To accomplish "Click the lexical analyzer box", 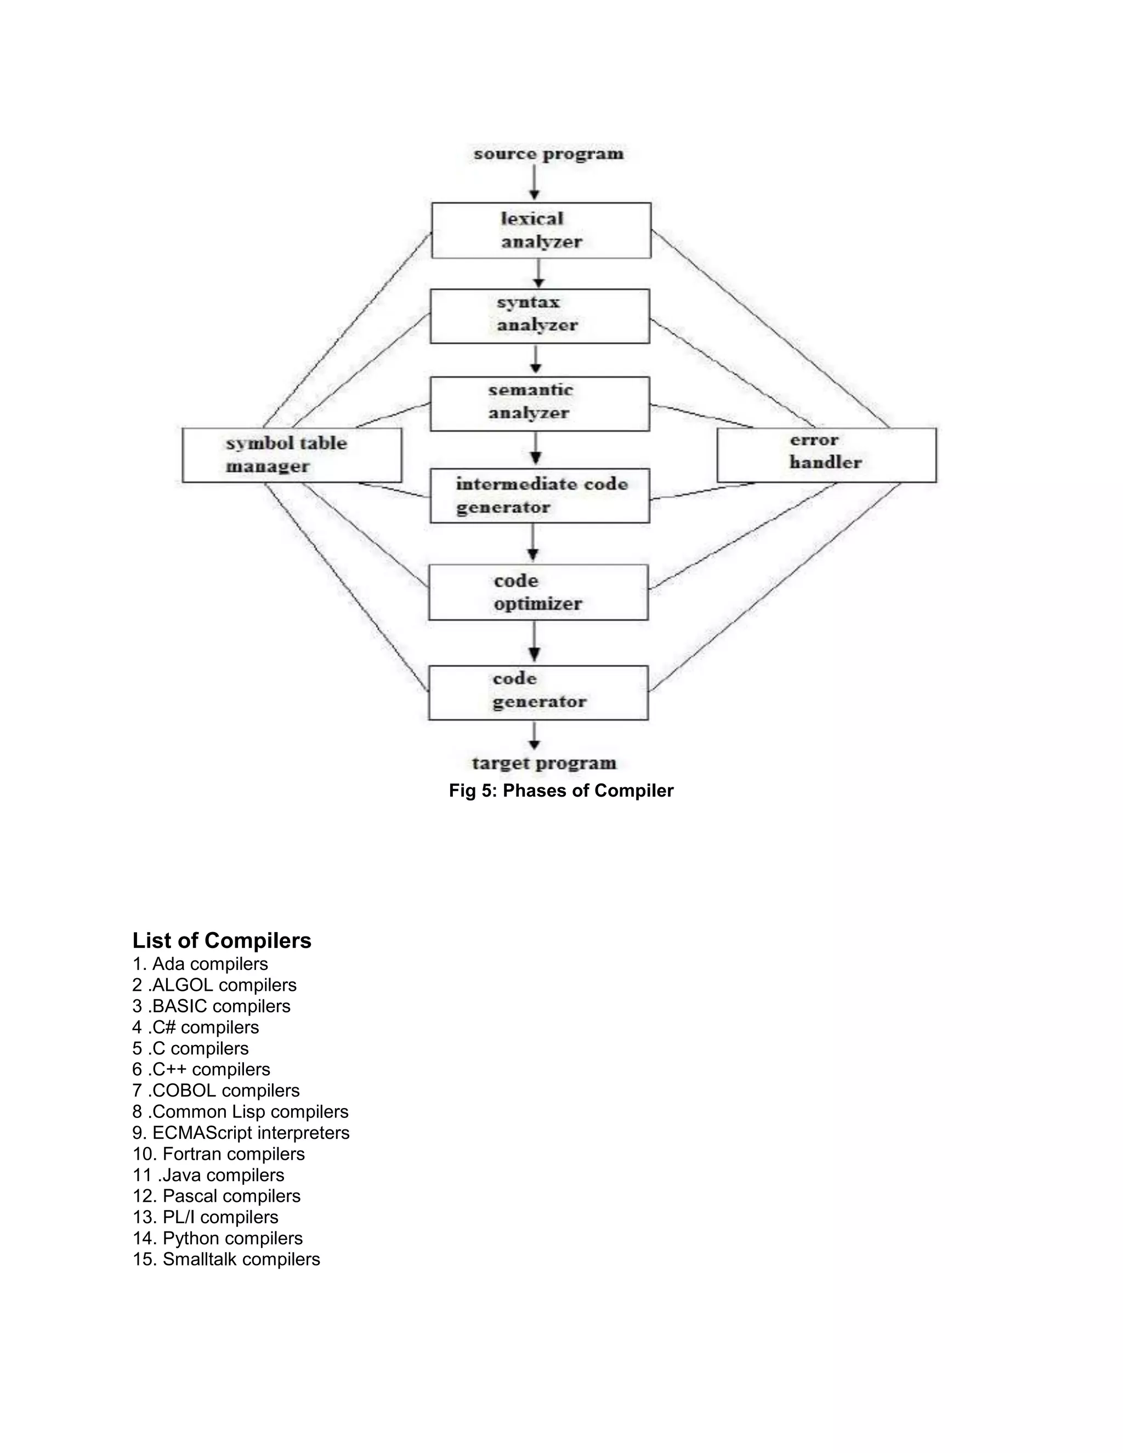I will [541, 230].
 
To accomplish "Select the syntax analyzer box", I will [540, 316].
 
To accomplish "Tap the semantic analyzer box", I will [540, 404].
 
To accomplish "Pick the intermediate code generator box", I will [540, 496].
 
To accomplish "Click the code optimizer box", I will [538, 592].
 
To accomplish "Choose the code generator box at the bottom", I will [538, 693].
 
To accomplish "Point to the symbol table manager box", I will [291, 455].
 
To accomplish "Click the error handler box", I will [826, 455].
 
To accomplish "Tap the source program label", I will [548, 154].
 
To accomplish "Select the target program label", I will [544, 763].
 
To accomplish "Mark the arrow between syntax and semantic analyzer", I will [536, 359].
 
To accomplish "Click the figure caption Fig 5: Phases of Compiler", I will [561, 790].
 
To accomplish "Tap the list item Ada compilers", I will [200, 964].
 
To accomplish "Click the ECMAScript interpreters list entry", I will [241, 1132].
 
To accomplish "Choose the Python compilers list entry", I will [218, 1238].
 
